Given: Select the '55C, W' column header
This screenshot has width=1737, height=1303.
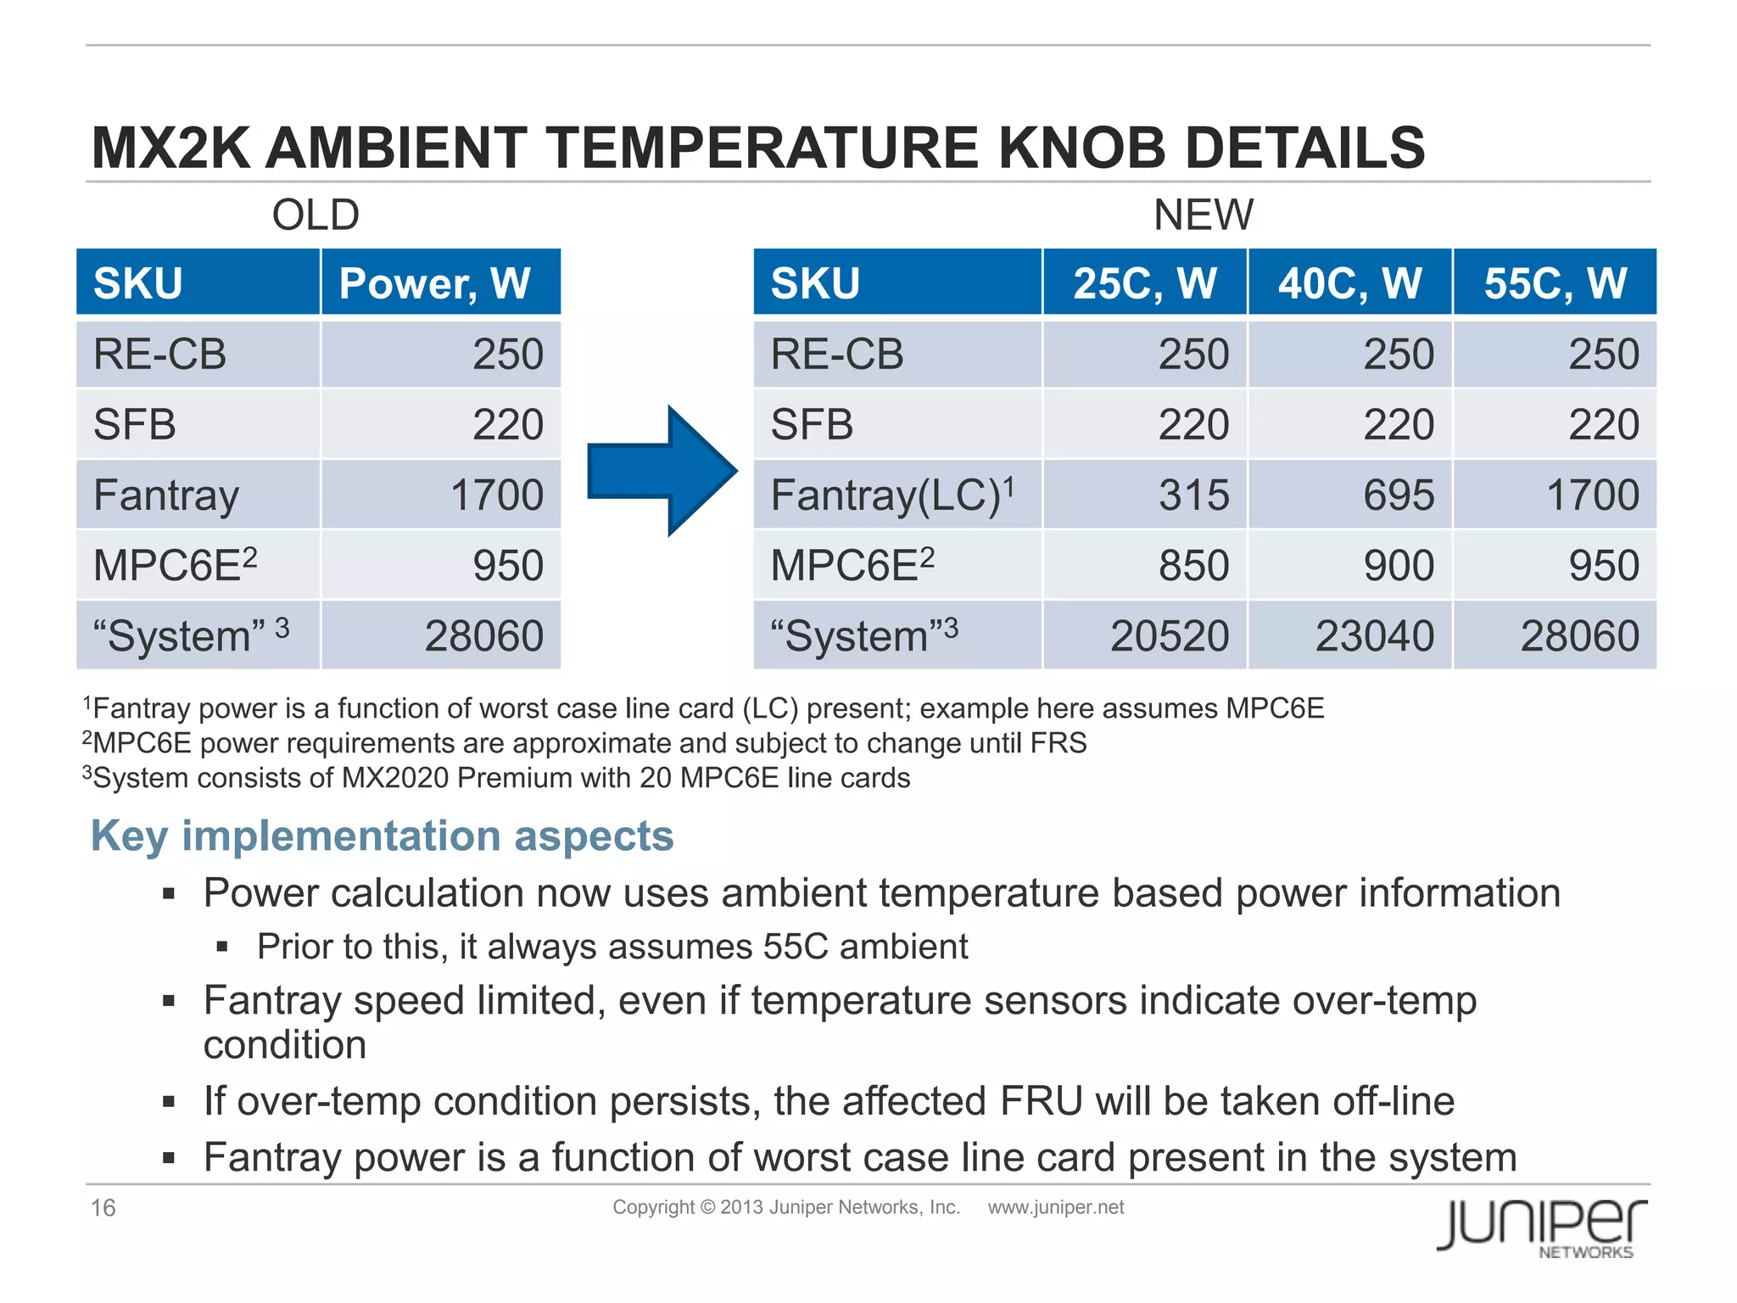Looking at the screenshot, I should click(1555, 283).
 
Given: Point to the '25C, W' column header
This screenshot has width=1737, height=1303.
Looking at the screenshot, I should click(1144, 283).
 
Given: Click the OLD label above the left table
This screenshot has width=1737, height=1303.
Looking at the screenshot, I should click(316, 215).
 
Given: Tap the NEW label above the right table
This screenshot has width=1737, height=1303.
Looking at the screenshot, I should click(1203, 215).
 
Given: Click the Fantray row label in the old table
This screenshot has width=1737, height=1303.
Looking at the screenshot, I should click(166, 495).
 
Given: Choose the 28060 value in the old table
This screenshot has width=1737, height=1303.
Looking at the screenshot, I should click(483, 636).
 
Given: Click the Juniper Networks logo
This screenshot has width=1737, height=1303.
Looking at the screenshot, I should click(1541, 1227).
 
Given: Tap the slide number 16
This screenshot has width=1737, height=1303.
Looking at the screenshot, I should click(103, 1207).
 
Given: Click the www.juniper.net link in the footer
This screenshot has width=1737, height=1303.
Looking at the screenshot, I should click(1055, 1207).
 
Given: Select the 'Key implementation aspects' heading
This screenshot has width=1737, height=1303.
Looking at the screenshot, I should click(382, 836).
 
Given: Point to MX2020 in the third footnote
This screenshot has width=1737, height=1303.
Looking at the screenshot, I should click(394, 778).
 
